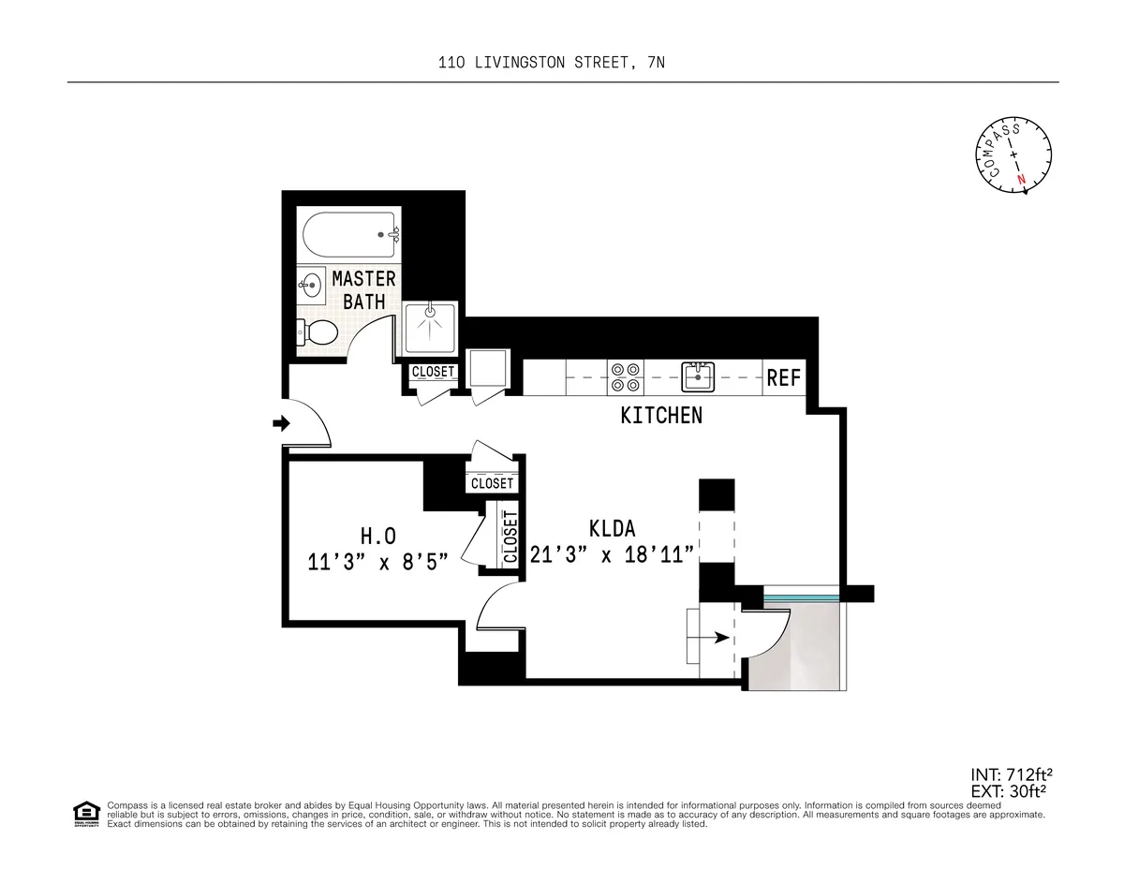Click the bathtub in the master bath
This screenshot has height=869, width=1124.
click(x=349, y=235)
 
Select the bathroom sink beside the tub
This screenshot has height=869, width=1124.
click(x=310, y=284)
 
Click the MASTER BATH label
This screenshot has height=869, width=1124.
click(x=363, y=290)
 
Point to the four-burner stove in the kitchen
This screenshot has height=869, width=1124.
click(x=626, y=376)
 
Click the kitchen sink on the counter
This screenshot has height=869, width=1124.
click(x=698, y=377)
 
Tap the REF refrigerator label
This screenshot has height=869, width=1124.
click(x=784, y=378)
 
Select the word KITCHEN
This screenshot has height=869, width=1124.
click(x=661, y=416)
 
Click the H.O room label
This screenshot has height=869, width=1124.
click(x=378, y=536)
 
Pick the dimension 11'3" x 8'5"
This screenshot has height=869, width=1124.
click(x=378, y=562)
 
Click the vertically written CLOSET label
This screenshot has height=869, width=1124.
click(x=510, y=537)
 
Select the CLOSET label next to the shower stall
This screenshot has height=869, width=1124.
click(x=433, y=372)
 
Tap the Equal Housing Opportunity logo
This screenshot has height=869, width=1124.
click(x=86, y=814)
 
